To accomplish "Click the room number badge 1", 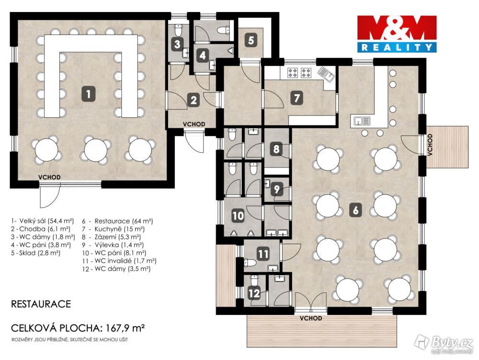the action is click(88, 93).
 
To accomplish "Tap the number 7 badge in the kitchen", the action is click(297, 98).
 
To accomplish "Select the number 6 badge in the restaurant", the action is click(355, 210).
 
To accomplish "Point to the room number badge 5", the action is click(251, 40).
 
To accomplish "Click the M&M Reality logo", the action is click(397, 34).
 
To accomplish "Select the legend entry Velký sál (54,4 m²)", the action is click(43, 221).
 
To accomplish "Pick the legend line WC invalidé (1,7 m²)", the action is click(119, 261).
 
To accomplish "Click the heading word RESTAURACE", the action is click(41, 304).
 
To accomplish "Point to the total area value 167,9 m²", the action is click(125, 328).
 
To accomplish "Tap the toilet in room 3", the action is click(178, 30).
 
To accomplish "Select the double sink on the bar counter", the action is click(362, 121).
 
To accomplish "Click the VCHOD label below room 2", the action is click(194, 124).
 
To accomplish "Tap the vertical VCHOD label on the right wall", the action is click(430, 145).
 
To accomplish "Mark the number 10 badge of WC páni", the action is click(238, 215).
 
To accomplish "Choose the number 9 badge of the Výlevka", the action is click(276, 189).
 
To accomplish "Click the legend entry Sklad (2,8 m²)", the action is click(36, 253).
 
